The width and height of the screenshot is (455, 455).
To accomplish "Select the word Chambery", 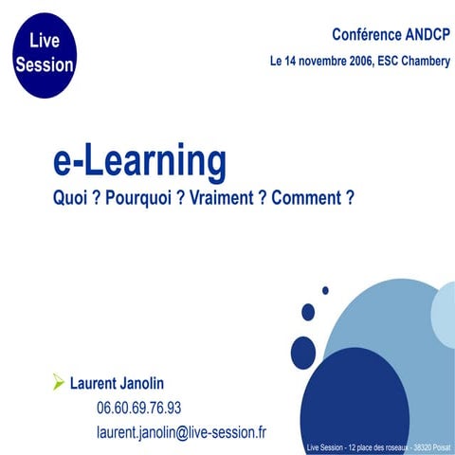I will (420, 62).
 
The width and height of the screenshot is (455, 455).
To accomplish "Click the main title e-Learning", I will (140, 163).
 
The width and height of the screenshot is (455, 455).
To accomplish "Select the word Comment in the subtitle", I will (303, 200).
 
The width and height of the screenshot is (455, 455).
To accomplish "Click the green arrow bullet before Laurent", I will (59, 383).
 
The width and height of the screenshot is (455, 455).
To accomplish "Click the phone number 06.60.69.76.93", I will (138, 409).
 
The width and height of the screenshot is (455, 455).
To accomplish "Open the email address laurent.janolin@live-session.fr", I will (181, 431).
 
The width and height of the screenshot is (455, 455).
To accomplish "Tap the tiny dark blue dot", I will (325, 290).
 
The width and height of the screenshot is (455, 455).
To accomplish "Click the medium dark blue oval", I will (303, 352).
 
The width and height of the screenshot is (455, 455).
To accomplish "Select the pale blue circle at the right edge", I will (444, 311).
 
